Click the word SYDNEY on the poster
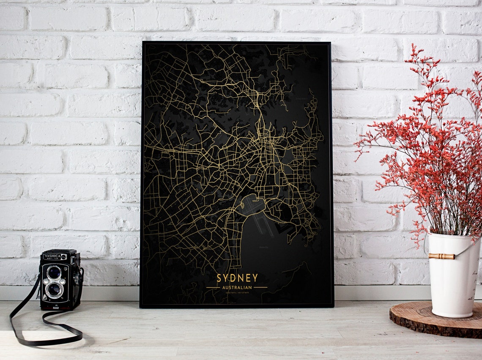237,278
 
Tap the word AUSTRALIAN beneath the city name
237,288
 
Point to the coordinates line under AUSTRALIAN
237,293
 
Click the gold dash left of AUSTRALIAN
213,288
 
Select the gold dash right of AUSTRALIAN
260,288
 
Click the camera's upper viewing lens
54,272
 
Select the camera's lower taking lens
54,289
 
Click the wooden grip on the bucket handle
441,256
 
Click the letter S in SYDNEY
219,278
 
